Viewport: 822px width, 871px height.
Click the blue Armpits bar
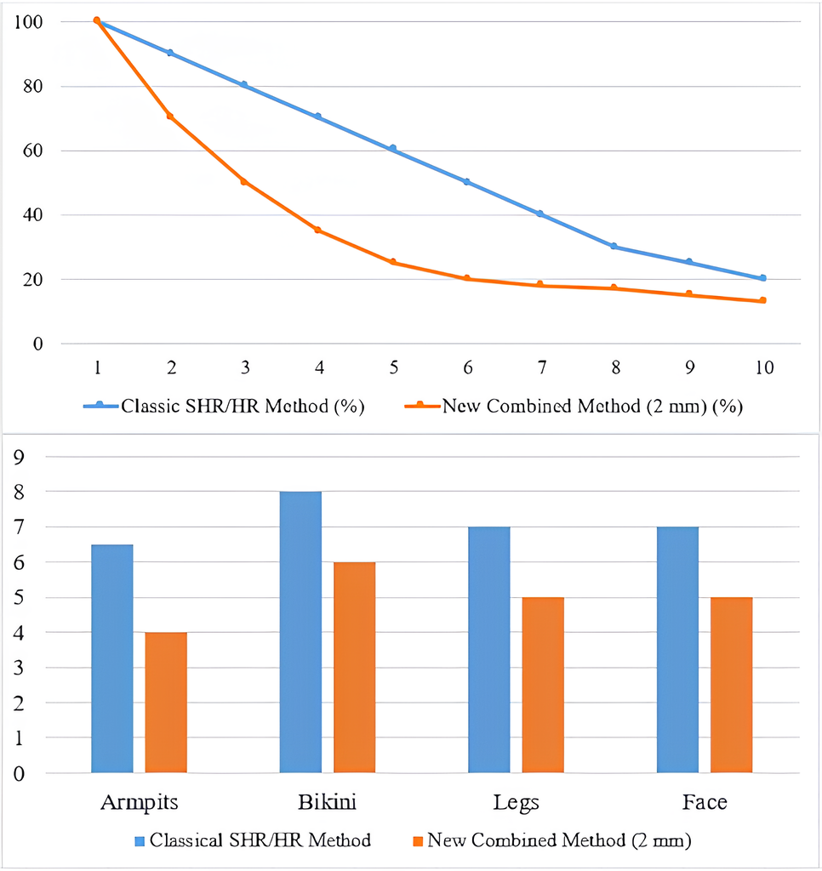click(x=111, y=659)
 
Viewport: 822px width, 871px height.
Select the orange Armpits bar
click(x=166, y=703)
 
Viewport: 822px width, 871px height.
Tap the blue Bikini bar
click(x=300, y=633)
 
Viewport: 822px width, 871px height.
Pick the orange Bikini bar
click(x=354, y=668)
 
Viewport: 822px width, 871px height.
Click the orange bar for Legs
click(x=543, y=686)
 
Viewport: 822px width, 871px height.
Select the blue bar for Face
click(x=679, y=651)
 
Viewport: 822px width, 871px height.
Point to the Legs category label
click(x=516, y=802)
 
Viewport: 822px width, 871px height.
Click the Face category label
click(x=705, y=802)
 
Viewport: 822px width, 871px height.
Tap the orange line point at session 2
click(x=171, y=116)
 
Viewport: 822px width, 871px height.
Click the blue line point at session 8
click(x=615, y=247)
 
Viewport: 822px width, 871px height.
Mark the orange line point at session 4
click(x=318, y=230)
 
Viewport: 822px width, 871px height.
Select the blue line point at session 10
click(x=763, y=278)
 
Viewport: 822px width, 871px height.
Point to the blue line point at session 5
click(x=392, y=149)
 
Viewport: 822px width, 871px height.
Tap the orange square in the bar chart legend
click(x=417, y=841)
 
